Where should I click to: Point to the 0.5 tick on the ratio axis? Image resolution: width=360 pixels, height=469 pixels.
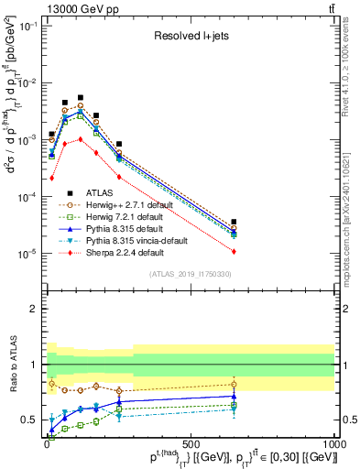pyautogui.click(x=34, y=420)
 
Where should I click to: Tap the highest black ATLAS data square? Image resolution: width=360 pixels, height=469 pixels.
pyautogui.click(x=81, y=97)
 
